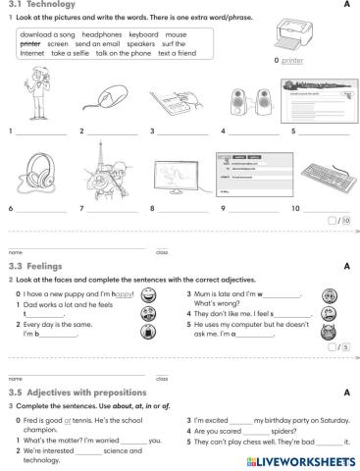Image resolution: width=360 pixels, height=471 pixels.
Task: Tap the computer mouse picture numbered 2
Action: pos(105,100)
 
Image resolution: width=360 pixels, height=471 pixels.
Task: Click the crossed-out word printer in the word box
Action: pos(30,44)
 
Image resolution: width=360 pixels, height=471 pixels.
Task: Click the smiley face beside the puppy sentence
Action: pos(147,294)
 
